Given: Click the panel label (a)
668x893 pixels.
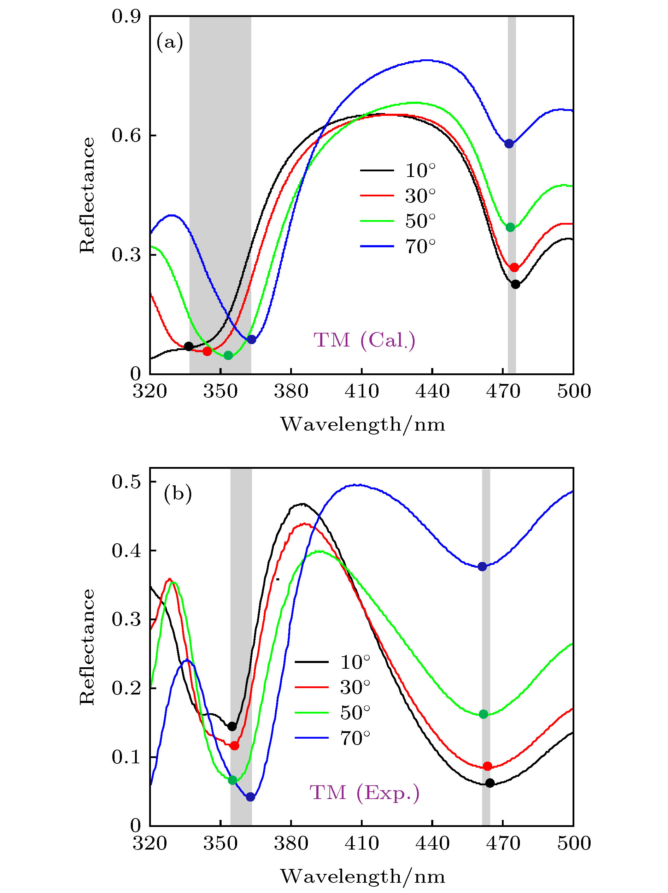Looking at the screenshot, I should (x=170, y=42).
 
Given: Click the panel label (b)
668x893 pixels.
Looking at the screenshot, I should (x=178, y=493).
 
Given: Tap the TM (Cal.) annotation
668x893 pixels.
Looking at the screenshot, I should (x=364, y=340).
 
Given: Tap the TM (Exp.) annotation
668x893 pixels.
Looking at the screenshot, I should (x=364, y=792).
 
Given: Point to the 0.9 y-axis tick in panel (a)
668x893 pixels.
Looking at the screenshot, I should (x=126, y=17).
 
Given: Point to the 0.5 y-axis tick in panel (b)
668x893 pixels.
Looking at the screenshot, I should (x=126, y=481).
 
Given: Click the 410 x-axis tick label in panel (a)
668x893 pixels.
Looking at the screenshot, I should (x=362, y=391).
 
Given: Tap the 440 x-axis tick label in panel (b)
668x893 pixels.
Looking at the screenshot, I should (x=432, y=843).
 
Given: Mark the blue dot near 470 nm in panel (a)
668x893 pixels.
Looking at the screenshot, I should (x=509, y=144).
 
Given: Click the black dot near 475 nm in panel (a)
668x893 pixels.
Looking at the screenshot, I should (x=515, y=284).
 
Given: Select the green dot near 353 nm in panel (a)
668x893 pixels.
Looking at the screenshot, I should (x=228, y=355).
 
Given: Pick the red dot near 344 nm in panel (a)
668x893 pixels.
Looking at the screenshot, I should (x=207, y=351).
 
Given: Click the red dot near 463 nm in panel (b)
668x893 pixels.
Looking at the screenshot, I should (x=487, y=766).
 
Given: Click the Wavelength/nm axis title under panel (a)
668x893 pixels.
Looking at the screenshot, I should (x=363, y=424).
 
